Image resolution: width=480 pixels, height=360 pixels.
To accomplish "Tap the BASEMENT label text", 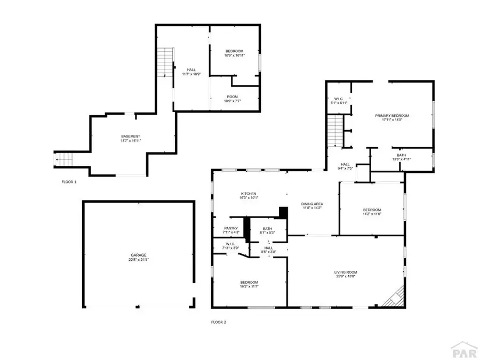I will pos(131,137).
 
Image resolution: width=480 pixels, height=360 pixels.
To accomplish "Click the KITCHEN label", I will pos(249,194).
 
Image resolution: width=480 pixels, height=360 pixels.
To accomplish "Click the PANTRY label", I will pos(231,228).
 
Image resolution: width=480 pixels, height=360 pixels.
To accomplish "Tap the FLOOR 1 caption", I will pos(69,182).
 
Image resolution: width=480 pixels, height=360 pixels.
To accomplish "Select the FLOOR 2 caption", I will pos(219,322).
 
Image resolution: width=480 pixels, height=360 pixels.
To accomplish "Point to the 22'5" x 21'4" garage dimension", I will pos(139,260).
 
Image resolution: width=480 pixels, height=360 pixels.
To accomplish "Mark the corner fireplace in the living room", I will pos(394,297).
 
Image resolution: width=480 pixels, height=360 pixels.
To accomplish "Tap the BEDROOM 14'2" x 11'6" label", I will pos(372,212).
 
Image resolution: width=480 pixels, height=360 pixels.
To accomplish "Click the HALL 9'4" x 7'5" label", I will pos(345,166).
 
